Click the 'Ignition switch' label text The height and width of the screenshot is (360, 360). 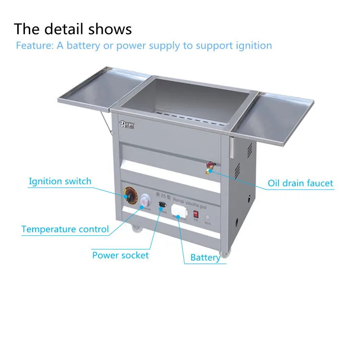60,181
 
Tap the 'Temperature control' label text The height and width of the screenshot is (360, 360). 65,229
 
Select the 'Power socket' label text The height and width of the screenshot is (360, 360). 120,255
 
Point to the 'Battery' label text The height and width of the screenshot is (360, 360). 205,258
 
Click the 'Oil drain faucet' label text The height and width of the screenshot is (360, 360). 300,183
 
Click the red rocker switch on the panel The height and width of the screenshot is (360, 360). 196,215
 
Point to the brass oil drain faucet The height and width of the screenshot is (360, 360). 209,167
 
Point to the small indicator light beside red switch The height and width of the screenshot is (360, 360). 207,217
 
